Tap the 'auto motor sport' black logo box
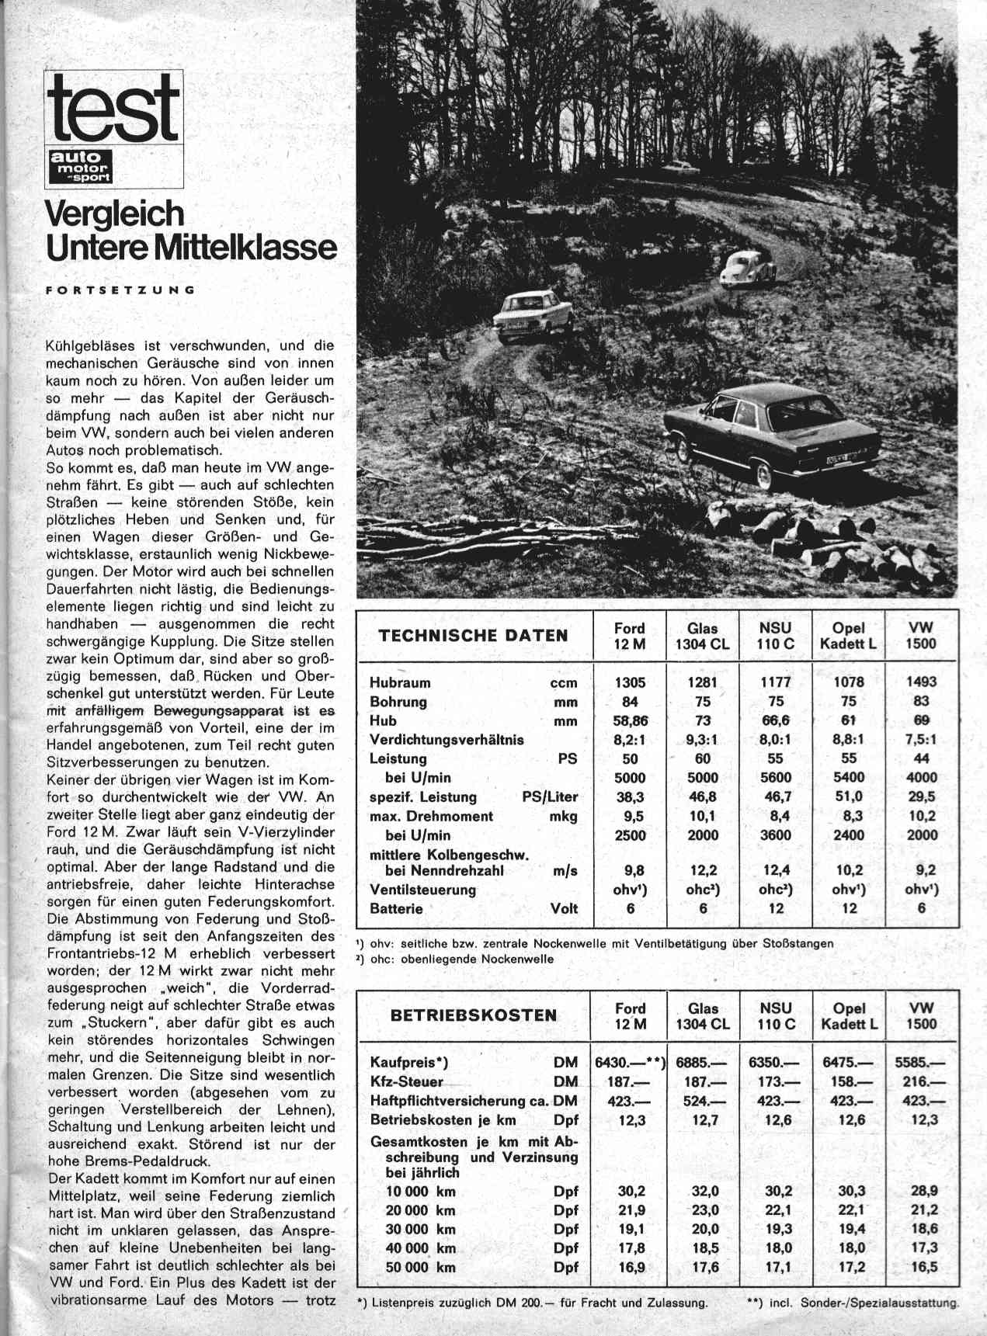tap(81, 166)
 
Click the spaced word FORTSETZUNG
tap(120, 290)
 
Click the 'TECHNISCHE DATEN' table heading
tap(473, 636)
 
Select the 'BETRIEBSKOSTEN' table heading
tap(474, 1015)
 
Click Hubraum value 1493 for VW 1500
tap(921, 682)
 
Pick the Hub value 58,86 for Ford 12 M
tap(630, 720)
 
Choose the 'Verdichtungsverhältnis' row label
tap(447, 740)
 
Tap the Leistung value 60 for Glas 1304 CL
tap(702, 758)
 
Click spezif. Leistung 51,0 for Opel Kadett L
tap(848, 796)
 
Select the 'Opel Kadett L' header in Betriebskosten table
tap(849, 1015)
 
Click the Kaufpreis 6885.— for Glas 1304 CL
tap(702, 1063)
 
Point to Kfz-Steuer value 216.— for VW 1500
tap(921, 1081)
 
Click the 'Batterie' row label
tap(396, 908)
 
